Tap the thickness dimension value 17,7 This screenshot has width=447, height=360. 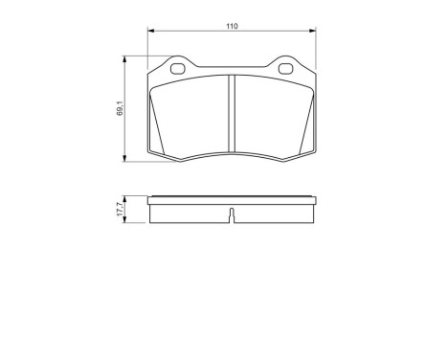[120, 210]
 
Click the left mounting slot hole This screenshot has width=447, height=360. [176, 68]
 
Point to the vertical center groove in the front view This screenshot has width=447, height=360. [232, 113]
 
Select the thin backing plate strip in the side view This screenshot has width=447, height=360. [233, 200]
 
